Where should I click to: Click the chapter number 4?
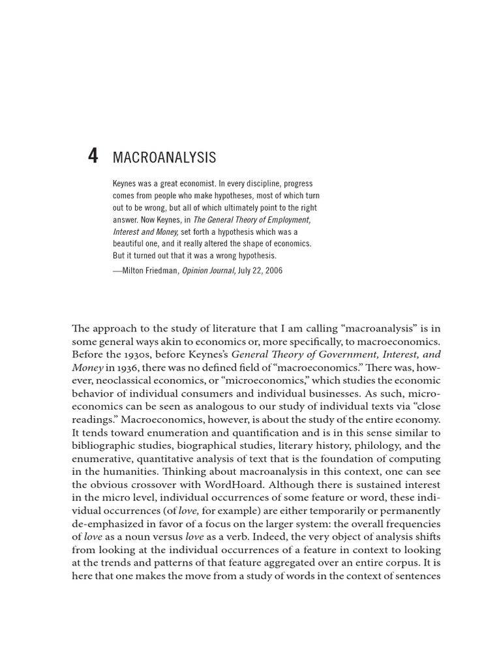click(93, 157)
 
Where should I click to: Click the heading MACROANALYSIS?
click(164, 158)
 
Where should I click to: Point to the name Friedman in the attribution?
click(160, 270)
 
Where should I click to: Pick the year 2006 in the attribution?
click(273, 270)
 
